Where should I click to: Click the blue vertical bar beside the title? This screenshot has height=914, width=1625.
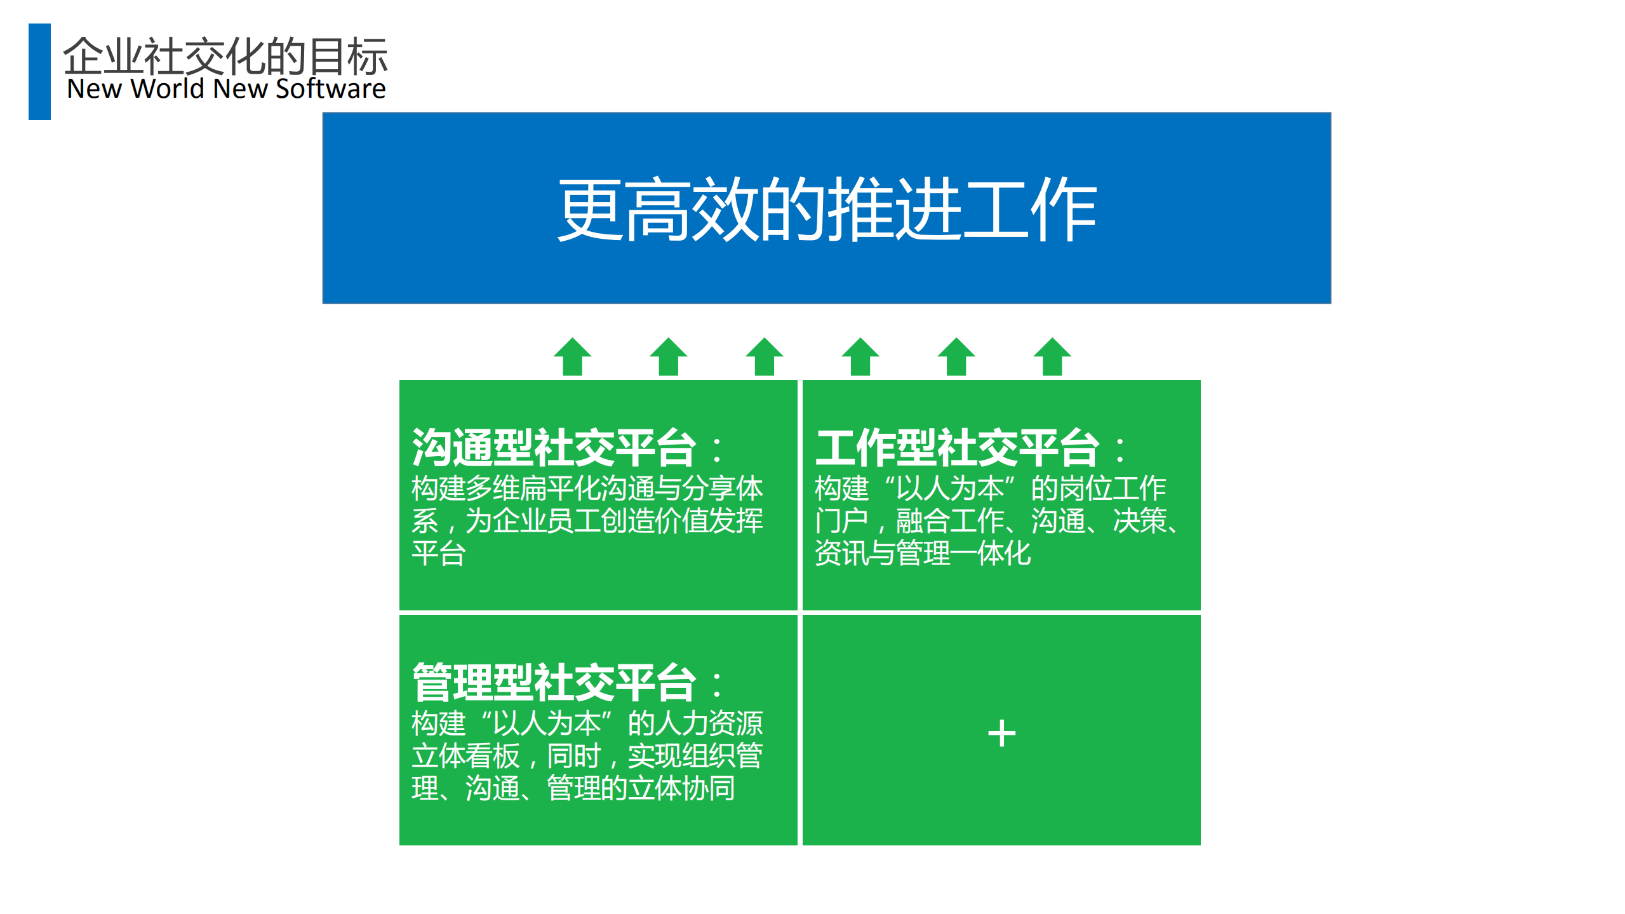(x=39, y=71)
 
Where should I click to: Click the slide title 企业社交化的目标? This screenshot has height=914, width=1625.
(x=225, y=56)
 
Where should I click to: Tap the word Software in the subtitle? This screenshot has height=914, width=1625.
(x=330, y=89)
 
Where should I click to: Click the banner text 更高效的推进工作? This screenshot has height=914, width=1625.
(x=826, y=209)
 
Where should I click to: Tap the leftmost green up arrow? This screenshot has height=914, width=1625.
(x=572, y=357)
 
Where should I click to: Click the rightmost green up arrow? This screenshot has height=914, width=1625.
(x=1052, y=357)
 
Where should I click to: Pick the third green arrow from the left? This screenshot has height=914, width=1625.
(x=764, y=357)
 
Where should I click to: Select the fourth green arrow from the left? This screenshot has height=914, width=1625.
(x=860, y=357)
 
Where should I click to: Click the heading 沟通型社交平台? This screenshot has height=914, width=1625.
(x=554, y=448)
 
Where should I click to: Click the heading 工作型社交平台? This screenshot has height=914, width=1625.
(x=957, y=448)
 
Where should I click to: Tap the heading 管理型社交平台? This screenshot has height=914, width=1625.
(x=554, y=683)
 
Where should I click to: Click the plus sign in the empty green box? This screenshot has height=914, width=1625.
(x=1001, y=733)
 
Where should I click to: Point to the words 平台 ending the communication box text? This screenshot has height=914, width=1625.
(x=439, y=553)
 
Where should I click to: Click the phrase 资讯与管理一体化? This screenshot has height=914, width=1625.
(x=922, y=553)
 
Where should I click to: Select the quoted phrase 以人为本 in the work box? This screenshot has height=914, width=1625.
(x=949, y=488)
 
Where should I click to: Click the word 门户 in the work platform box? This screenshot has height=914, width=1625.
(x=841, y=521)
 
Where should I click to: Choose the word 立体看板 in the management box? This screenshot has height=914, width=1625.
(x=465, y=756)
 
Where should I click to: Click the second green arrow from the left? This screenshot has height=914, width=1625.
(x=668, y=357)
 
